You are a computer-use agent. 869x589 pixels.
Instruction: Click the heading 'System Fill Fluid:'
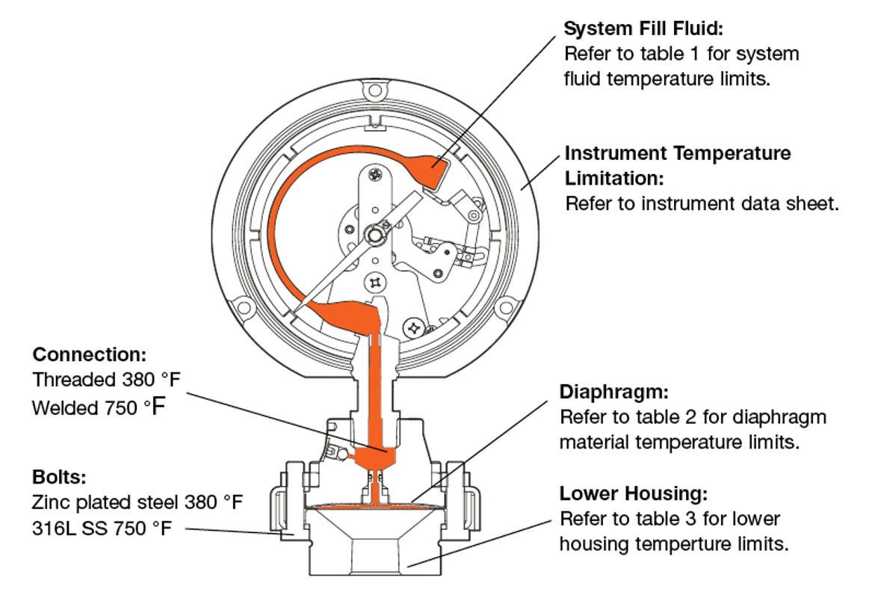coord(644,29)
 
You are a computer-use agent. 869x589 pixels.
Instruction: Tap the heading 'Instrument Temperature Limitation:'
coord(677,165)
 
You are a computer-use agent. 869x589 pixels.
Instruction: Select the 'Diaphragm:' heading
coord(613,392)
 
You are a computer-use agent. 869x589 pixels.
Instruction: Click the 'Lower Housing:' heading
coord(633,494)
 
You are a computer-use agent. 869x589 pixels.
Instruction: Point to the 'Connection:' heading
coord(90,354)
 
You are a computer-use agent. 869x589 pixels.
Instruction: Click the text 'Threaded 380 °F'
coord(106,380)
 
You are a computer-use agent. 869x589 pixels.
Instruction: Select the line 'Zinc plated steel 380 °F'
coord(137,502)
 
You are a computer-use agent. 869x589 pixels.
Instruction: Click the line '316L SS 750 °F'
coord(102,528)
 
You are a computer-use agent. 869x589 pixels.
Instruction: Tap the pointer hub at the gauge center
coord(374,236)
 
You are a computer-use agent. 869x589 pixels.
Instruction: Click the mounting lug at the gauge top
coord(371,90)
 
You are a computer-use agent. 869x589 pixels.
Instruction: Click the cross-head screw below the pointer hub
coord(374,283)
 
